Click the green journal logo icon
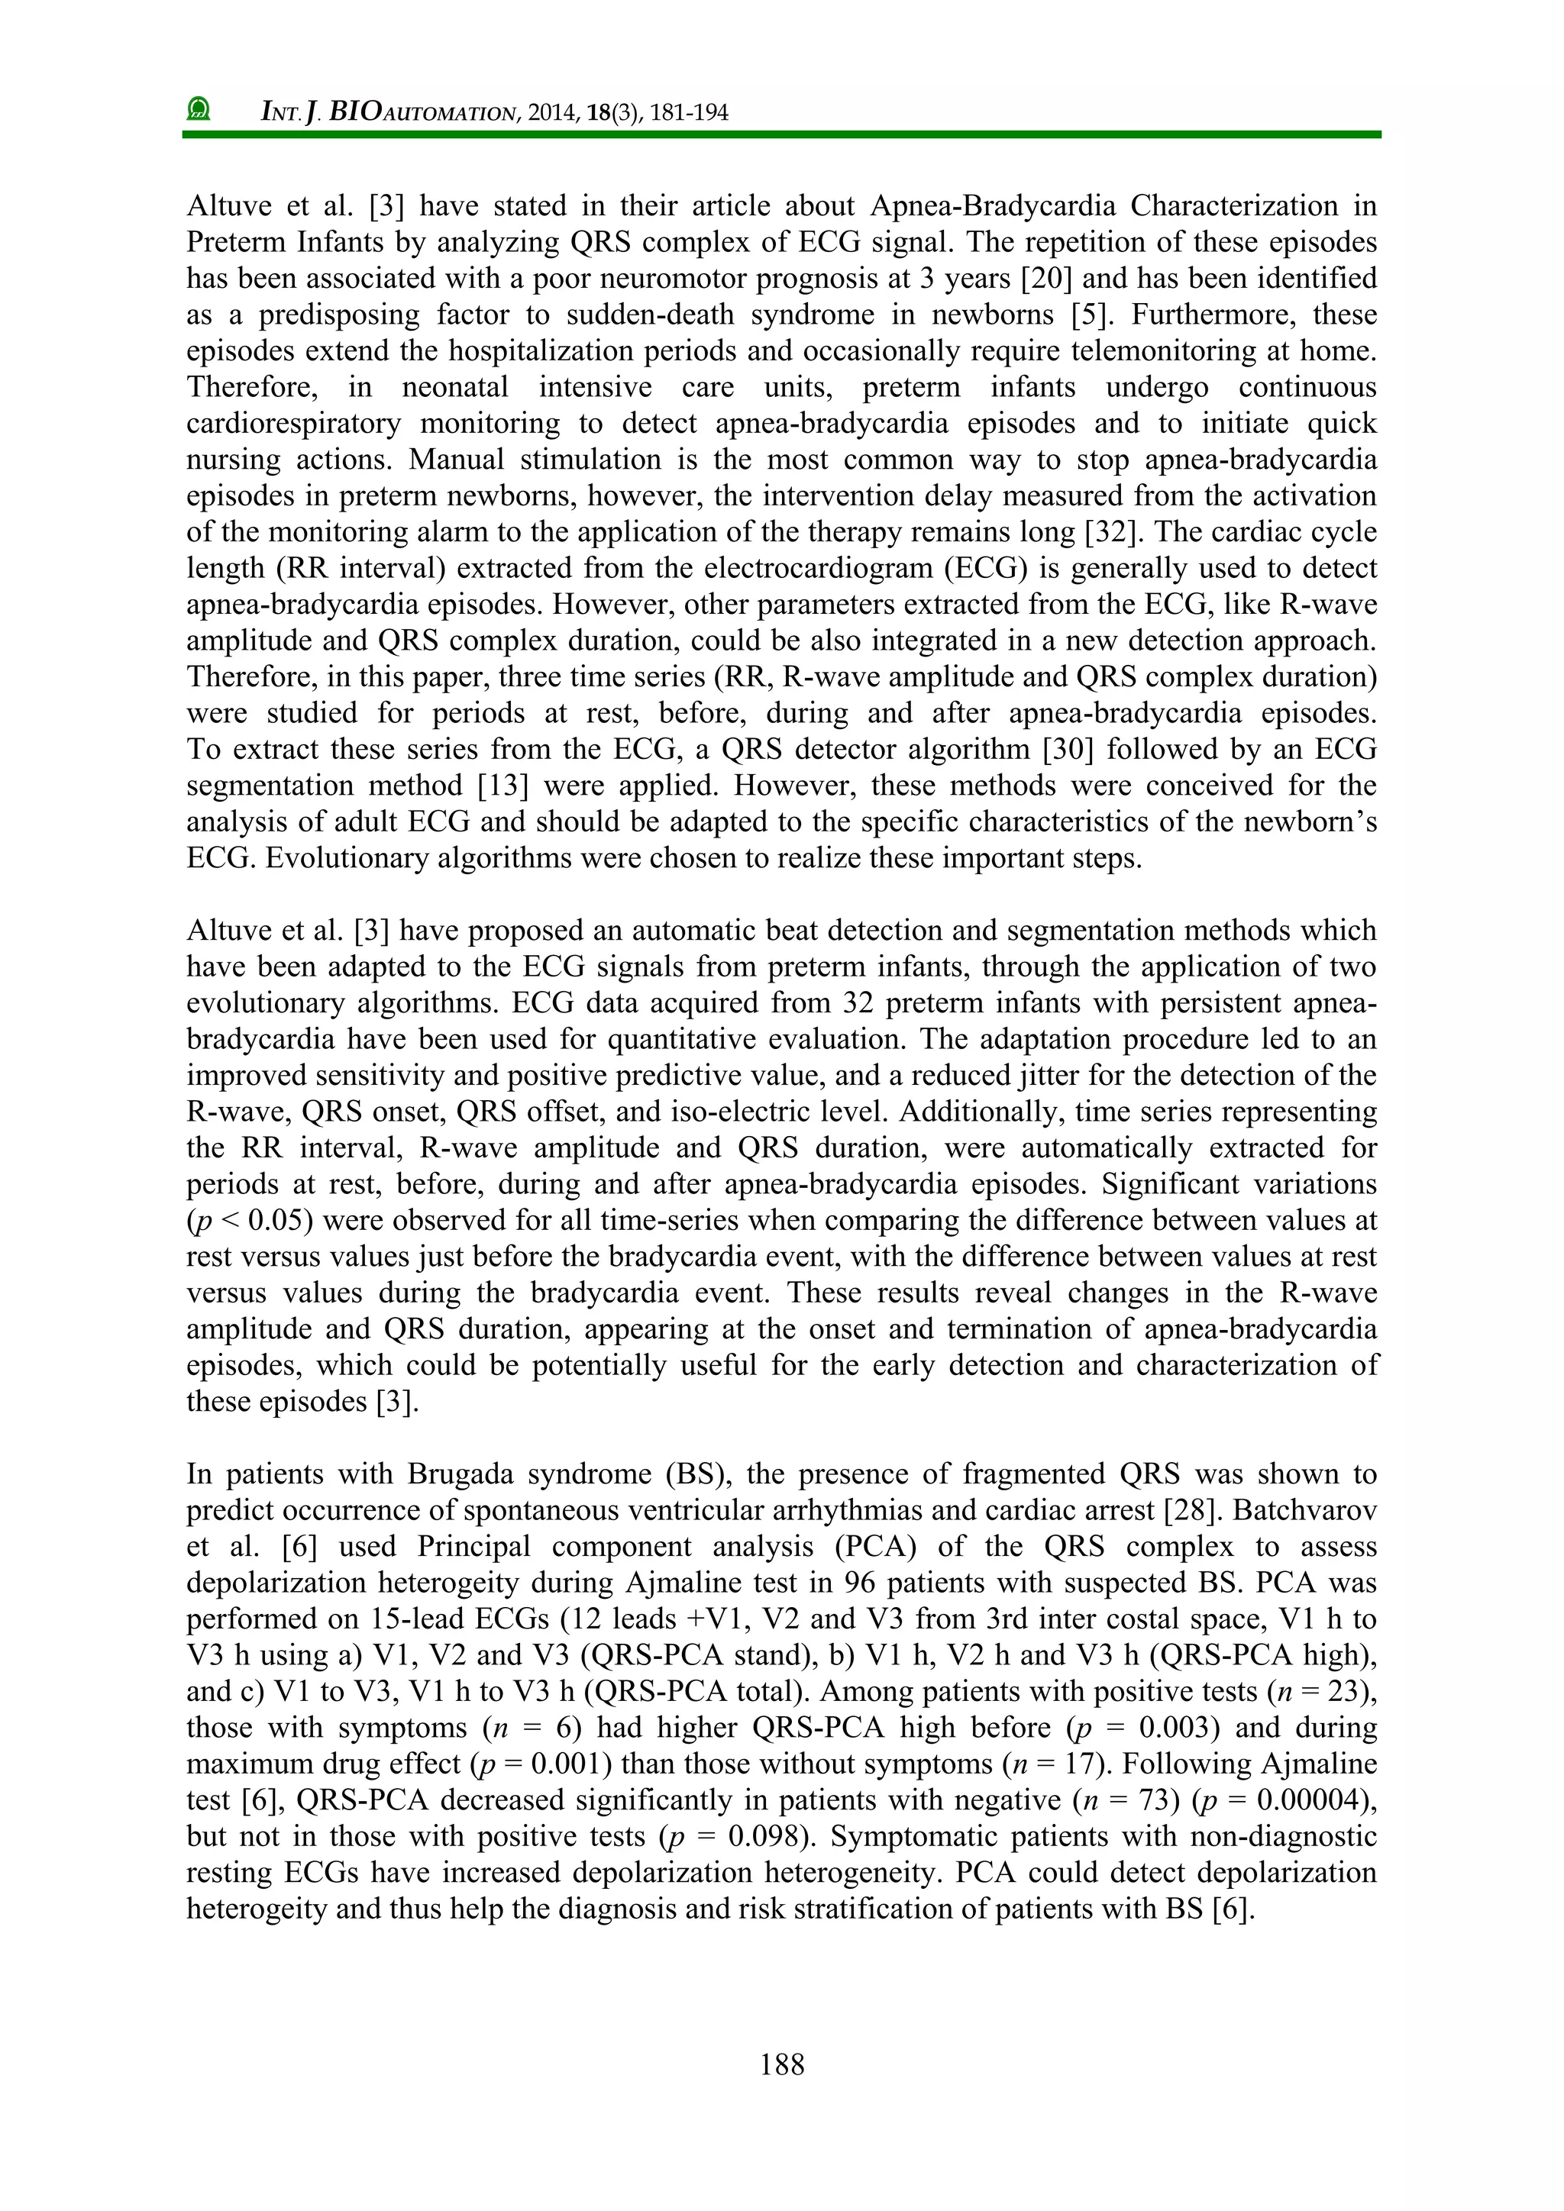[199, 109]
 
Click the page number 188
[781, 2064]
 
